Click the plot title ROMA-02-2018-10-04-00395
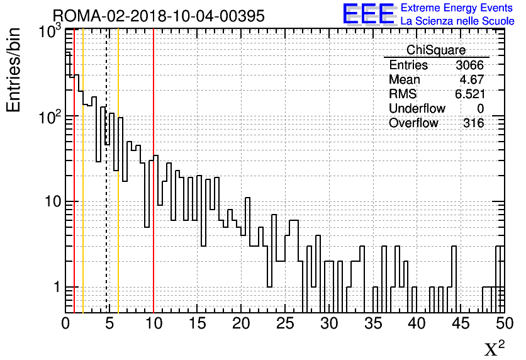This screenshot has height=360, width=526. [159, 16]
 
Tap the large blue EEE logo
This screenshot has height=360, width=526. [369, 14]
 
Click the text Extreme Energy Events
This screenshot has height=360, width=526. [457, 8]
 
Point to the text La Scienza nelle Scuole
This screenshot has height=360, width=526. [457, 21]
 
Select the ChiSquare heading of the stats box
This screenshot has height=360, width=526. [436, 50]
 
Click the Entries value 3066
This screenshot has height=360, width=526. [470, 65]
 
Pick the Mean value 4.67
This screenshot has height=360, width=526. [473, 80]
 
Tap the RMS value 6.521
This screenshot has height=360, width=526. [470, 94]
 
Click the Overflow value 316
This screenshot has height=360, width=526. [474, 123]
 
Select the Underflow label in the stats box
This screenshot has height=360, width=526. [417, 109]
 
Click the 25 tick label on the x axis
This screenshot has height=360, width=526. [284, 323]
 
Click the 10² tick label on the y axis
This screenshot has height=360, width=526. [49, 116]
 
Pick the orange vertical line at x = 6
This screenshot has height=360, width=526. [118, 189]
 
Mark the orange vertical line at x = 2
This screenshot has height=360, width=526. [83, 189]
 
